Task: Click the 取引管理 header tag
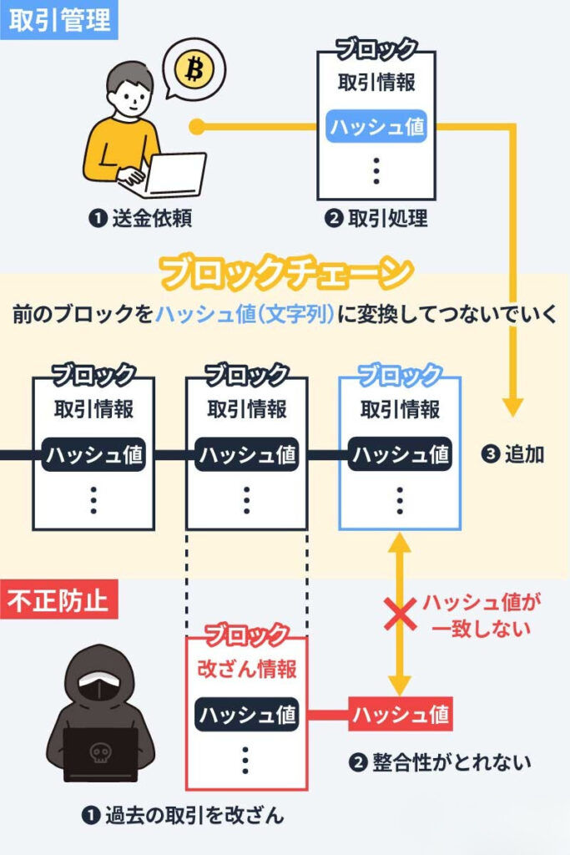[x=59, y=20]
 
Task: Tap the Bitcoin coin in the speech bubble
[x=194, y=69]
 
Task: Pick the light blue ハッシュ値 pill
[x=376, y=127]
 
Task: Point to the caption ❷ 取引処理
[x=376, y=219]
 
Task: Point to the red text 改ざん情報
[x=246, y=669]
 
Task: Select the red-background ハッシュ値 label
[x=400, y=714]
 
